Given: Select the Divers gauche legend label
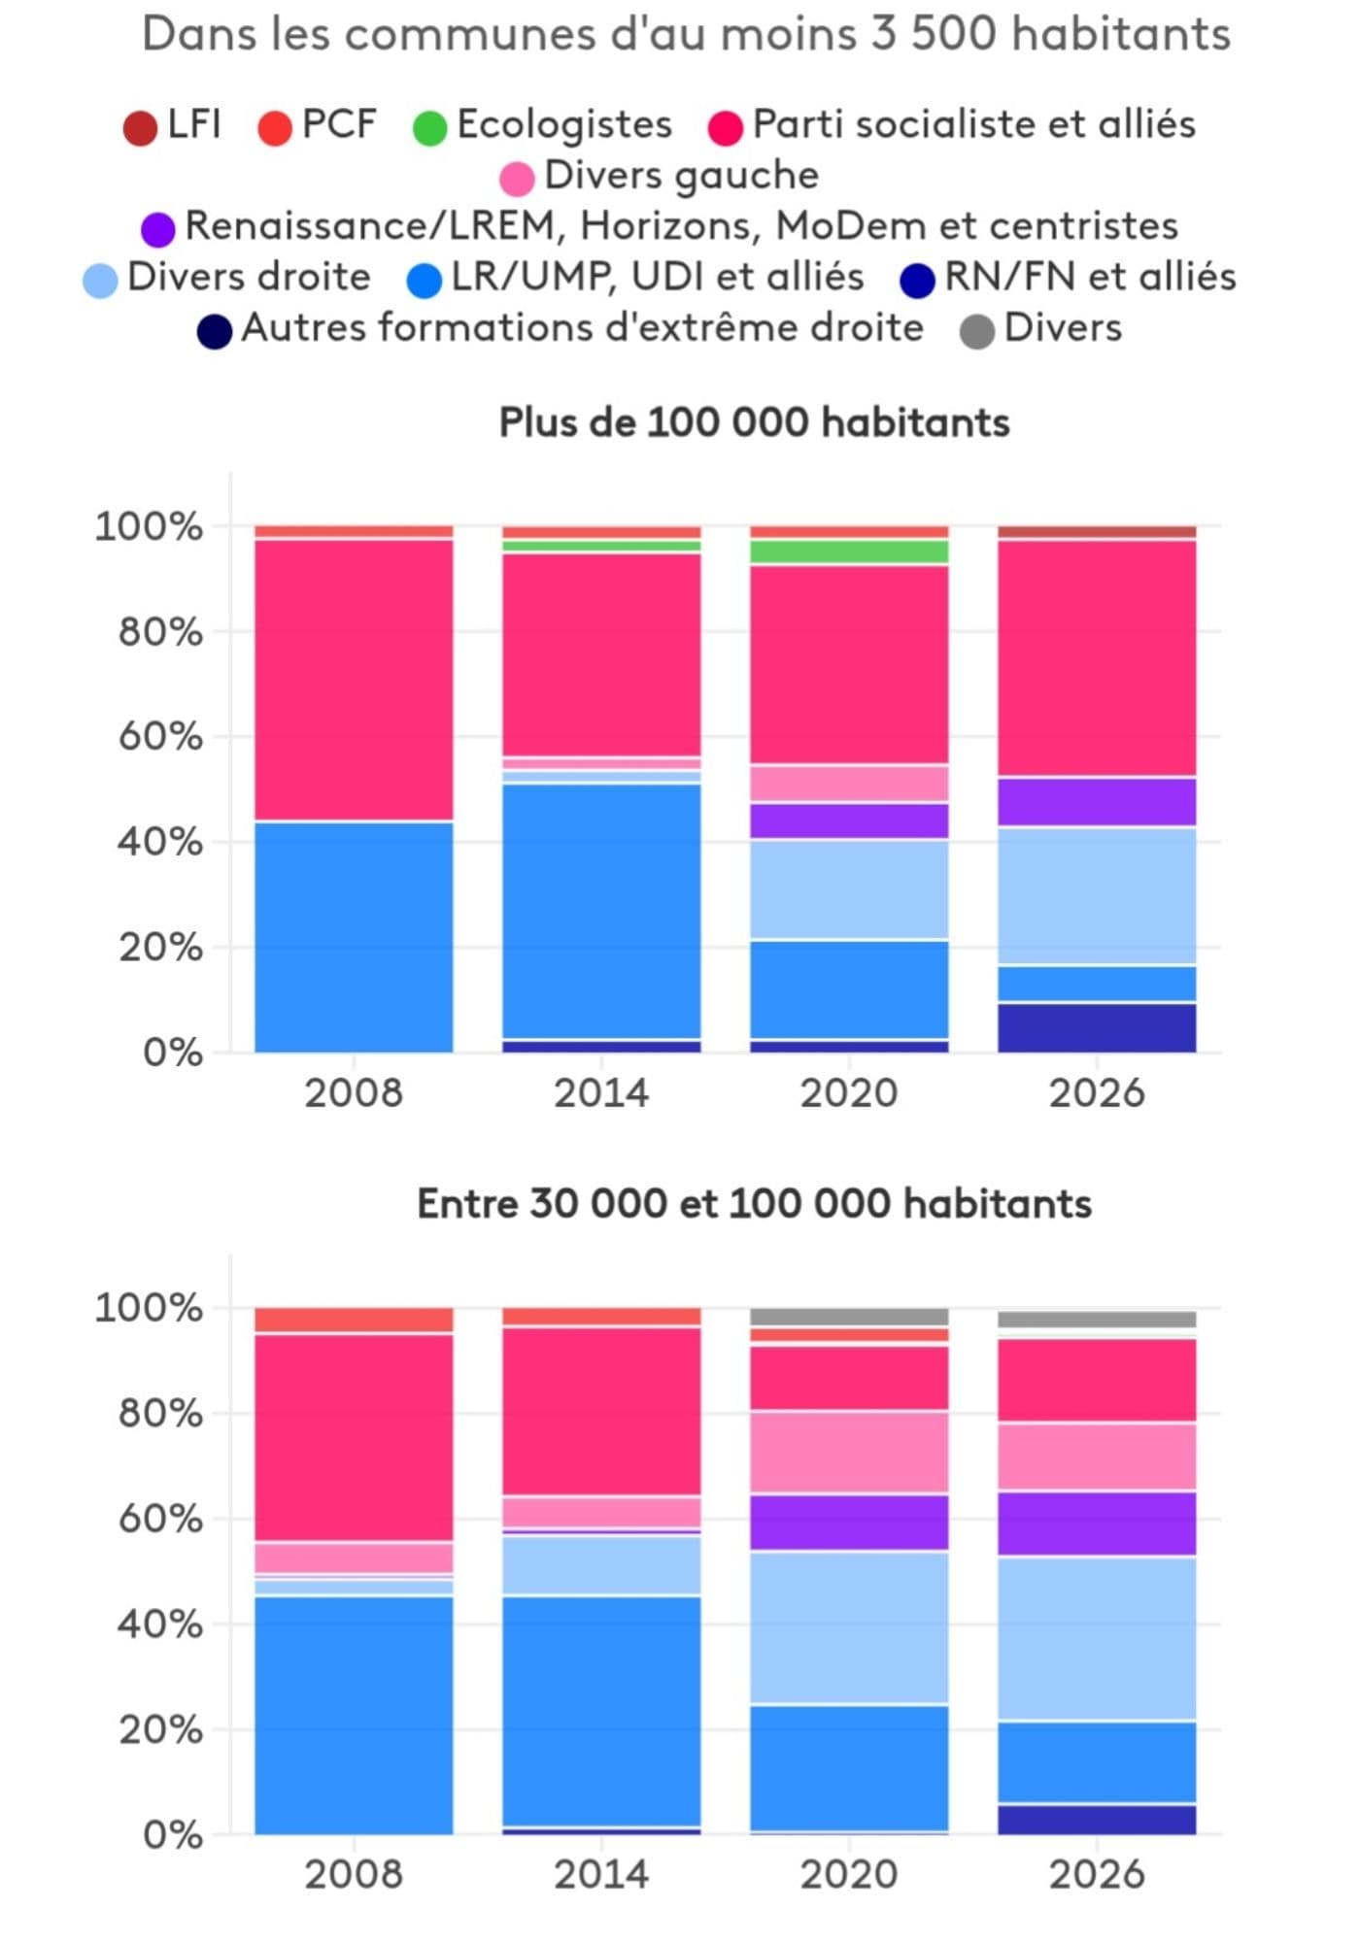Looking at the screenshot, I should coord(681,176).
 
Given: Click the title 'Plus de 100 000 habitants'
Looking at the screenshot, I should coord(754,423).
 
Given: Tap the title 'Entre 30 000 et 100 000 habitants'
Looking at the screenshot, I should coord(754,1204).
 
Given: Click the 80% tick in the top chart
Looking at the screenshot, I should coord(160,633).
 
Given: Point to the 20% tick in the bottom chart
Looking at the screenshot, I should coord(160,1729).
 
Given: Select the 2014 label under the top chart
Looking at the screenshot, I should coord(601,1093).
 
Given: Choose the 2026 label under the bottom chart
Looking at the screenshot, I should coord(1097,1874).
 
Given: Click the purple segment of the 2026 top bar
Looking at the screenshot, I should coord(1097,802).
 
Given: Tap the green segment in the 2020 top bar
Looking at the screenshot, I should coord(849,552).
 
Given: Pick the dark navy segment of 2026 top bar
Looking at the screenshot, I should coord(1097,1028).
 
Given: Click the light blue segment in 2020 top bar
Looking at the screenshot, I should coord(849,889).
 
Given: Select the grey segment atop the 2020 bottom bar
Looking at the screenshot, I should coord(849,1317).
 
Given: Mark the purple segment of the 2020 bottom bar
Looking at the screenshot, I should coord(849,1523).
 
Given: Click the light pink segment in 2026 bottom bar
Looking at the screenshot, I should coord(1097,1456).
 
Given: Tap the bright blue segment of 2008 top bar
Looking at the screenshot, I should coord(354,937).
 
